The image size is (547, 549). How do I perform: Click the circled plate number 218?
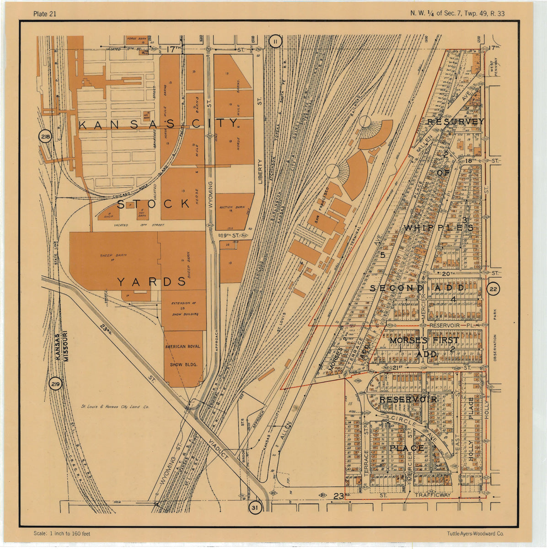coord(45,136)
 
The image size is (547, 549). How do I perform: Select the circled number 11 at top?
coord(275,42)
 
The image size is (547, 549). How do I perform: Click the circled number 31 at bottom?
coord(255,507)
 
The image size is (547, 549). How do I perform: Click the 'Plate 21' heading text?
coord(45,13)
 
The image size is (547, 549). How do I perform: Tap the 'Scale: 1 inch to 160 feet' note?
coord(62,533)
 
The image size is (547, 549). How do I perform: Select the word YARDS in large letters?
coord(151,282)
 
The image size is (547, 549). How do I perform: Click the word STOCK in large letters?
coord(153,203)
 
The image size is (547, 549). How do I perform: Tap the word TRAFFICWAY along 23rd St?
coord(432,495)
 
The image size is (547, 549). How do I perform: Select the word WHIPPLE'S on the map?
coord(438,227)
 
